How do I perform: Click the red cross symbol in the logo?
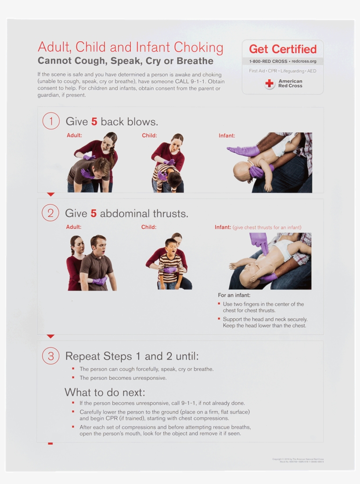click(270, 83)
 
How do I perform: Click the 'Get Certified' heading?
click(283, 49)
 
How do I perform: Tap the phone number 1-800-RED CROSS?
click(268, 61)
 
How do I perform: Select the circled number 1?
click(51, 121)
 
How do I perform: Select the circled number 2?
click(50, 213)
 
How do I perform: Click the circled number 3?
click(50, 356)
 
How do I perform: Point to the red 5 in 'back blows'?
click(94, 122)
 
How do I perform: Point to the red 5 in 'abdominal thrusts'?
click(94, 214)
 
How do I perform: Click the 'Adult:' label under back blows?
click(74, 135)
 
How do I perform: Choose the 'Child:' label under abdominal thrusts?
click(149, 227)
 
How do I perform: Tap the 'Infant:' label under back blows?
click(227, 136)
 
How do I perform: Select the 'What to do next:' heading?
click(104, 392)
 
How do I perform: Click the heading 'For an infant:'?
click(234, 295)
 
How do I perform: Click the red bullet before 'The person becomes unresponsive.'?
click(73, 378)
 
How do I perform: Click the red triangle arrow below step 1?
click(50, 194)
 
